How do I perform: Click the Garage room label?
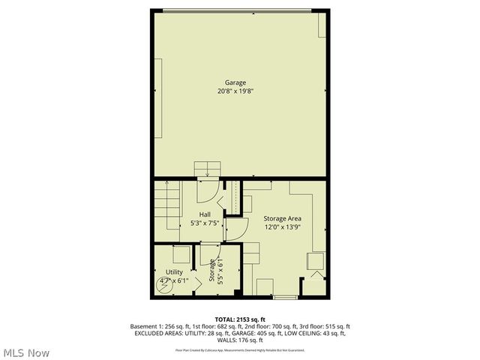click(x=235, y=82)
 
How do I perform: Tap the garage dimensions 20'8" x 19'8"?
click(x=235, y=91)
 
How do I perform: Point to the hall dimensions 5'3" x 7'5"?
click(x=205, y=223)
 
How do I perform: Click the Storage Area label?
click(x=283, y=218)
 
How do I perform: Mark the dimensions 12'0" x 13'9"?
click(x=283, y=226)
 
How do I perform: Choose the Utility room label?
click(x=174, y=272)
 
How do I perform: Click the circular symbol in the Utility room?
click(x=164, y=283)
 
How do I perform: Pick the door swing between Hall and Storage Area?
click(x=235, y=227)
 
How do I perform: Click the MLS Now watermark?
click(x=26, y=352)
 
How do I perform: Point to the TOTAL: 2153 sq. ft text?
click(x=240, y=319)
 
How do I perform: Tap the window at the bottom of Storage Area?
click(x=285, y=298)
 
